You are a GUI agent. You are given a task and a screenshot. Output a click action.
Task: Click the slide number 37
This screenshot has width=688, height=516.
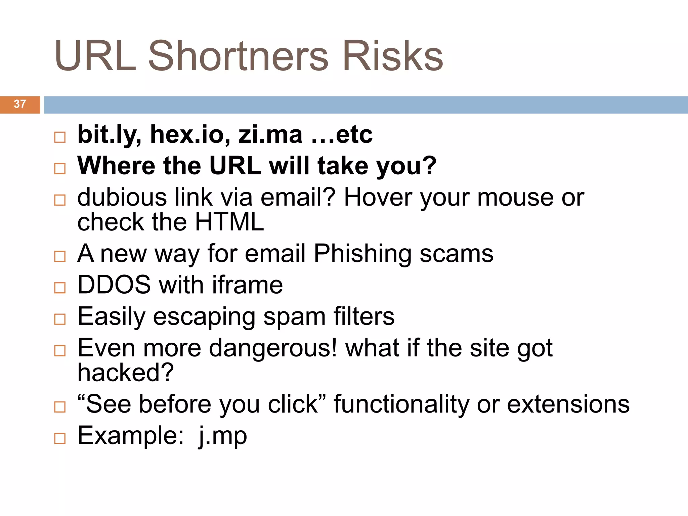pos(20,104)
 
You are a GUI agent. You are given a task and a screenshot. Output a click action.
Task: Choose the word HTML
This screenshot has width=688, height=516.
pos(229,222)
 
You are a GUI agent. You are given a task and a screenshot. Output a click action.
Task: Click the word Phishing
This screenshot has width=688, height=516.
pos(362,254)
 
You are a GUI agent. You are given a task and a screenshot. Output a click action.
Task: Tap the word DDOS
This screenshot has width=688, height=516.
pos(114,285)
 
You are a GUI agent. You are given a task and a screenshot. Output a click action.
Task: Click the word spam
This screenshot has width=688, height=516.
pos(294,317)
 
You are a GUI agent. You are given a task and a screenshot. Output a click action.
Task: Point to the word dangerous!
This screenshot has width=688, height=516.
pos(273,348)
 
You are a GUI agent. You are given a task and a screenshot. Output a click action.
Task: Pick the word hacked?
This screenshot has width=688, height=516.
pos(126,373)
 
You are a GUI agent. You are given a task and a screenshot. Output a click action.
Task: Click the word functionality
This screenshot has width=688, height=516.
pos(401,404)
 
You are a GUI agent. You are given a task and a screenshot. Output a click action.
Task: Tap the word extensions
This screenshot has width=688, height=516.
pos(568,404)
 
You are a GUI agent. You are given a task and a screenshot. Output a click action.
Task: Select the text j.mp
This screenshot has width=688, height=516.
pos(223,436)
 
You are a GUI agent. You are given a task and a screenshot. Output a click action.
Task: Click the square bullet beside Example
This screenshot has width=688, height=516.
pos(60,438)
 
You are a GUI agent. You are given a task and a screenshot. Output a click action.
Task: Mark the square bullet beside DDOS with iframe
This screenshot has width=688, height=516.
pos(60,288)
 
